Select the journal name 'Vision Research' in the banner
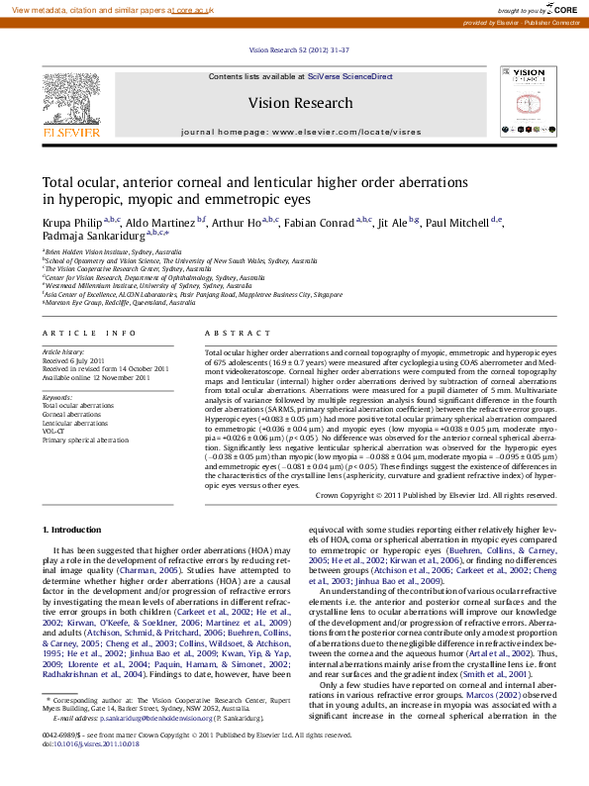click(x=300, y=103)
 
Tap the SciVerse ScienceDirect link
click(x=349, y=76)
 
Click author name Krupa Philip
click(x=72, y=222)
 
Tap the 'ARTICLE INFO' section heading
click(x=88, y=334)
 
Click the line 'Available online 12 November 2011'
click(x=95, y=377)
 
